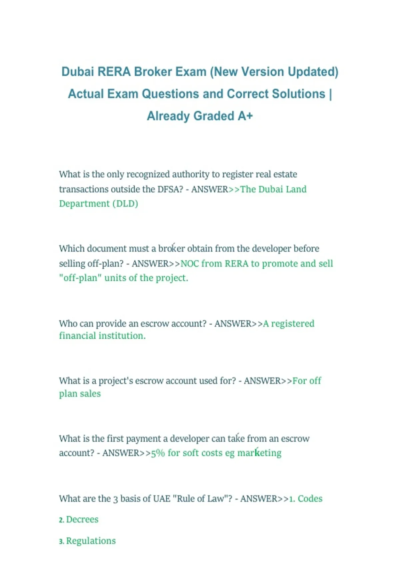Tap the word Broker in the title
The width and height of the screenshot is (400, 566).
(153, 72)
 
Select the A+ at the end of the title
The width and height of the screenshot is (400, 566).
(245, 116)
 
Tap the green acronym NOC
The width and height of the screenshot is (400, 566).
(189, 264)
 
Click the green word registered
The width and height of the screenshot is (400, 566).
(293, 324)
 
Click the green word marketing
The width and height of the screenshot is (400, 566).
(259, 453)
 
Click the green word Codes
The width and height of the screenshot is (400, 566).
(310, 499)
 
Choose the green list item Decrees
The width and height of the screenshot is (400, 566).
(82, 520)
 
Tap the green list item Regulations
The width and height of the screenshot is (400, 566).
(91, 541)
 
